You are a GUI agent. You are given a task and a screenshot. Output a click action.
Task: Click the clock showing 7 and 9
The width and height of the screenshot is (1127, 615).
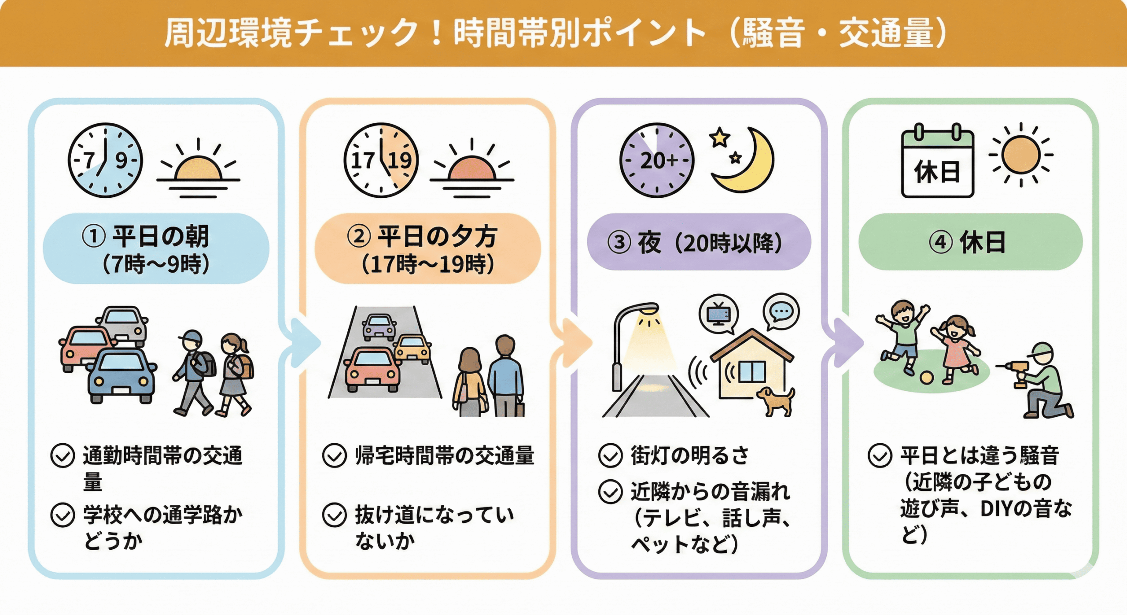[105, 160]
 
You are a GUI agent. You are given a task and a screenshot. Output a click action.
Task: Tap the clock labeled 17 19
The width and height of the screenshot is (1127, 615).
[381, 160]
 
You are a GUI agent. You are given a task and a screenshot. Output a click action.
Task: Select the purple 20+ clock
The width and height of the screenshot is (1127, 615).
[656, 160]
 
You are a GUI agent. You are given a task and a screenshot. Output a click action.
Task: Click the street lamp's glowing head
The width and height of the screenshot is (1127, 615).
[648, 310]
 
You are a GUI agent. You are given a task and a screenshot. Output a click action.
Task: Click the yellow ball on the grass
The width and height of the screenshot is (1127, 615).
[926, 378]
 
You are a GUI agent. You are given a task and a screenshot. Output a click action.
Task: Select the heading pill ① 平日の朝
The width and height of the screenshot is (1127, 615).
[156, 248]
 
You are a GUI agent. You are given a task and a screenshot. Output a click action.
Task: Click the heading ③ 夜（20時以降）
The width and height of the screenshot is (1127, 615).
[699, 242]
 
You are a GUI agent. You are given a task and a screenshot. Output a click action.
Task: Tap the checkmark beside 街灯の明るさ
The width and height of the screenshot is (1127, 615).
[610, 456]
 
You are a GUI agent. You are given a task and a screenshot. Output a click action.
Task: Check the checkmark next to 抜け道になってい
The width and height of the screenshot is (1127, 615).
[335, 515]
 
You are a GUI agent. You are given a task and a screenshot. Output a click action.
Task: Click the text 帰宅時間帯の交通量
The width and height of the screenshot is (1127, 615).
[445, 456]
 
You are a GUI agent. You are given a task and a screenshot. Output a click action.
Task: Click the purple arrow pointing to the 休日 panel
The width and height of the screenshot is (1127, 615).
[847, 343]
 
